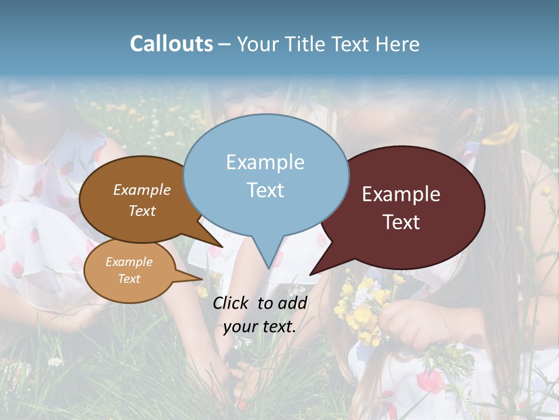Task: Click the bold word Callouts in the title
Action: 171,44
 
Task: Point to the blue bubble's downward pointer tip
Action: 268,268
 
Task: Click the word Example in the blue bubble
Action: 265,162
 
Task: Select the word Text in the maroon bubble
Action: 402,222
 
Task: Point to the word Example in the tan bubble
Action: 129,262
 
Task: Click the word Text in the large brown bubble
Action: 142,211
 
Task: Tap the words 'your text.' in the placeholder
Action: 259,327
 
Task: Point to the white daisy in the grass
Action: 55,362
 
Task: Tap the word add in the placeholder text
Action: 292,303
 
